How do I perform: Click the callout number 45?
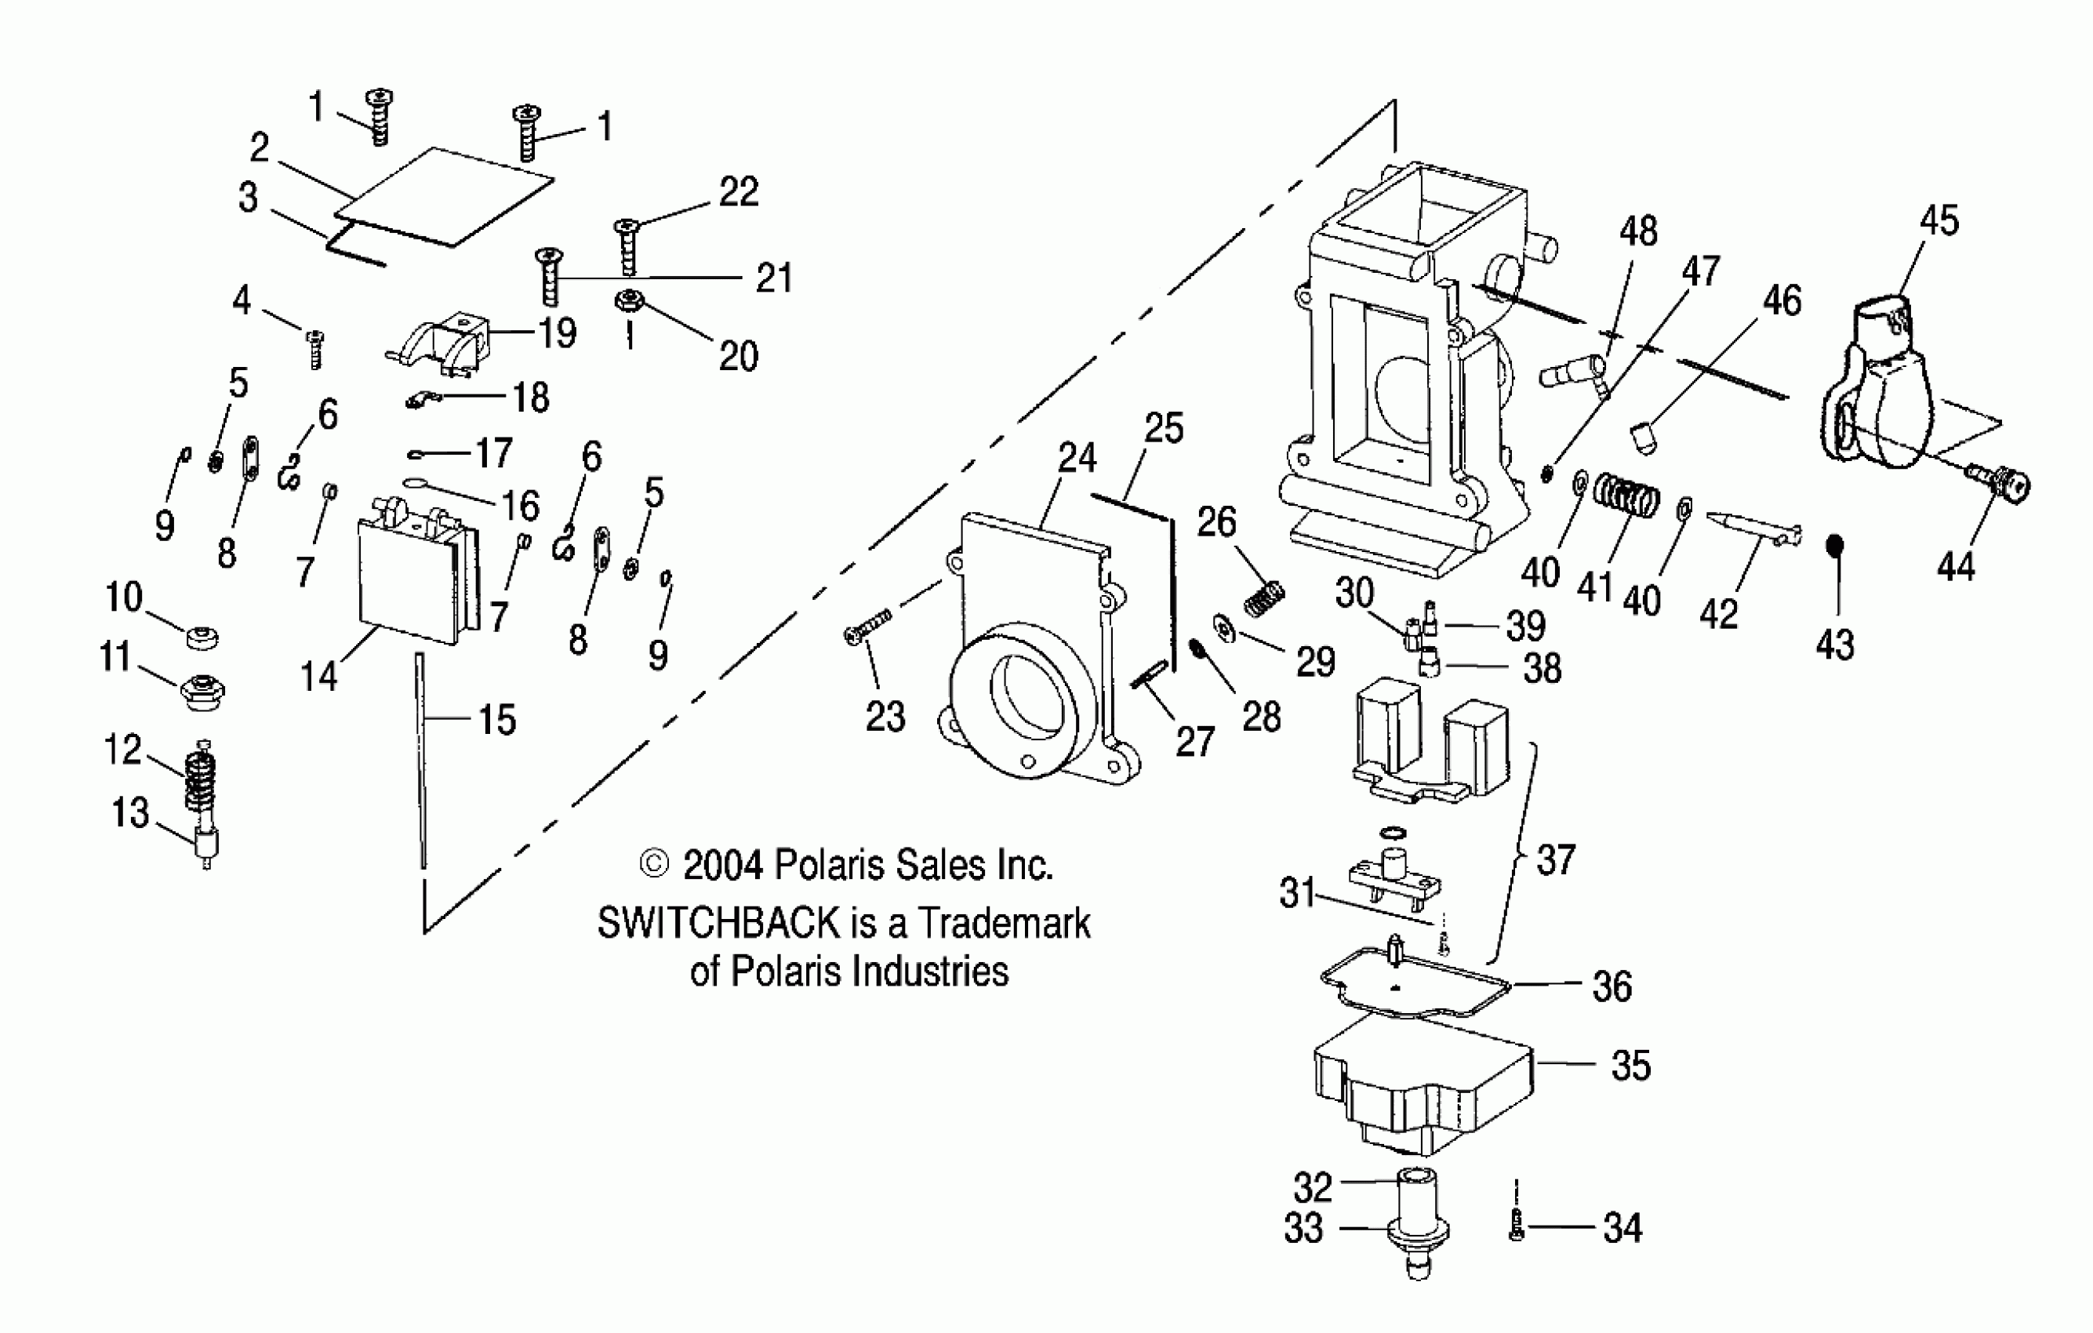(x=1939, y=220)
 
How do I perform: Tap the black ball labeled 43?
(x=1835, y=546)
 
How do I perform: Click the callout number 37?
(x=1555, y=859)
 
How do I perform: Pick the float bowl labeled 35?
(x=1422, y=1090)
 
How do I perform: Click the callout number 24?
(x=1077, y=458)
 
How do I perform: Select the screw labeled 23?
(x=867, y=626)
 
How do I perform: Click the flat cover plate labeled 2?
(x=443, y=198)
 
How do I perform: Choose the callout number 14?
(x=319, y=675)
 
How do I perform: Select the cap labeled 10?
(x=202, y=637)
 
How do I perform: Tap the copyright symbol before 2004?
(x=654, y=864)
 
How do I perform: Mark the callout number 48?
(x=1637, y=232)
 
